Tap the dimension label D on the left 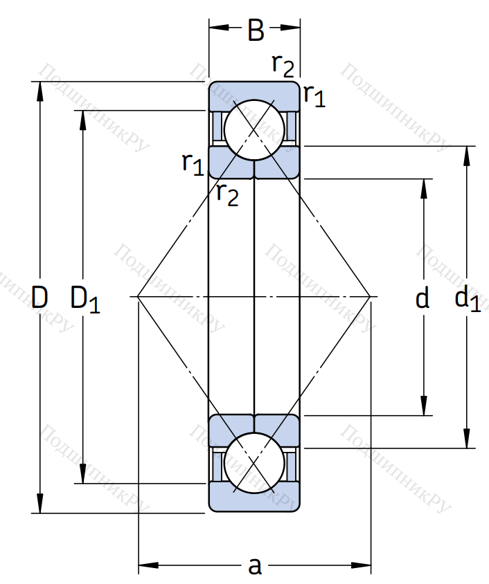point(40,298)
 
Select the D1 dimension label point(85,300)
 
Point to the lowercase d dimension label point(422,299)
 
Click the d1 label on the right point(467,300)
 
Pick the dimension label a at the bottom point(255,567)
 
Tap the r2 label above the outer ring point(283,66)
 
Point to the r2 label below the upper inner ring point(226,194)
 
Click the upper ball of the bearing point(254,129)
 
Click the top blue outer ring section point(254,89)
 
